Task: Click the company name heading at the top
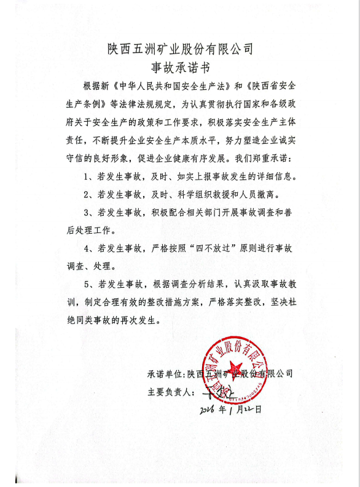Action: coord(179,49)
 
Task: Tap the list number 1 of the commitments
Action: coord(87,176)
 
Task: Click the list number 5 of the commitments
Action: coord(87,285)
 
